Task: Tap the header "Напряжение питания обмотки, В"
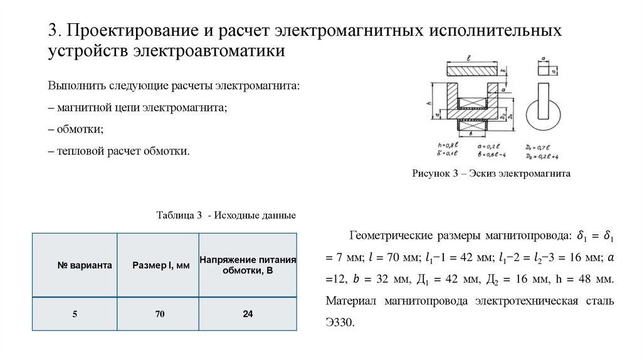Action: click(x=248, y=265)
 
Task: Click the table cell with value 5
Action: click(x=75, y=314)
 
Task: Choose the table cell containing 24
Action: click(x=248, y=314)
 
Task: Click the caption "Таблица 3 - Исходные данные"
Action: click(x=226, y=215)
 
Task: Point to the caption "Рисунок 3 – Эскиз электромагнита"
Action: click(x=491, y=174)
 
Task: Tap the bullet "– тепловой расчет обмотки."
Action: click(x=118, y=151)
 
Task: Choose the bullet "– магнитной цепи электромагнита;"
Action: click(x=137, y=108)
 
